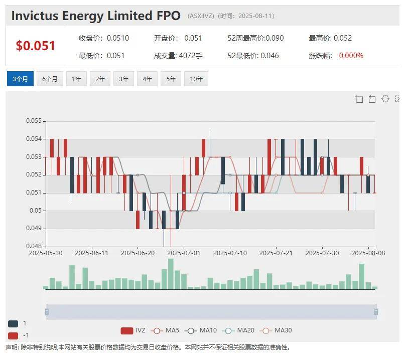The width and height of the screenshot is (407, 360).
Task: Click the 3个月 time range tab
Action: click(20, 79)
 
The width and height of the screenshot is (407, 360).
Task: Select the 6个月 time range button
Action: click(50, 79)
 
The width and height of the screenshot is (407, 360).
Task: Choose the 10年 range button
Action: click(196, 79)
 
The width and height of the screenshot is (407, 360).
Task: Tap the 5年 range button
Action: click(171, 79)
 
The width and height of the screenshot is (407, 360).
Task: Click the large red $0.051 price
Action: click(36, 46)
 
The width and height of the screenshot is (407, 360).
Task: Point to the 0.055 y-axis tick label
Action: click(34, 121)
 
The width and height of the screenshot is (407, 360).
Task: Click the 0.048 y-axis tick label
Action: click(34, 246)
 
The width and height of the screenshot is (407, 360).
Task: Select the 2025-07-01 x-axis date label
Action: click(184, 253)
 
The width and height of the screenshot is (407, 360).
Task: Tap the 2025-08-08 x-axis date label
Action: click(368, 253)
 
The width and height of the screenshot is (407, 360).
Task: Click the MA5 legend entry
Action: click(166, 330)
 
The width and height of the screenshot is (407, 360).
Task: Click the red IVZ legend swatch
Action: click(126, 330)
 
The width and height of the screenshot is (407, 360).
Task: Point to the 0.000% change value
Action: click(351, 55)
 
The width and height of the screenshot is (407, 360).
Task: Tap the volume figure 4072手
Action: click(191, 55)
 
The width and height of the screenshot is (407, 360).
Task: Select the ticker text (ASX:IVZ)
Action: click(201, 16)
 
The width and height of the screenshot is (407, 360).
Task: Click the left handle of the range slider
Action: click(47, 312)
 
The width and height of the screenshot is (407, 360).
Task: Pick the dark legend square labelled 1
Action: click(13, 324)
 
